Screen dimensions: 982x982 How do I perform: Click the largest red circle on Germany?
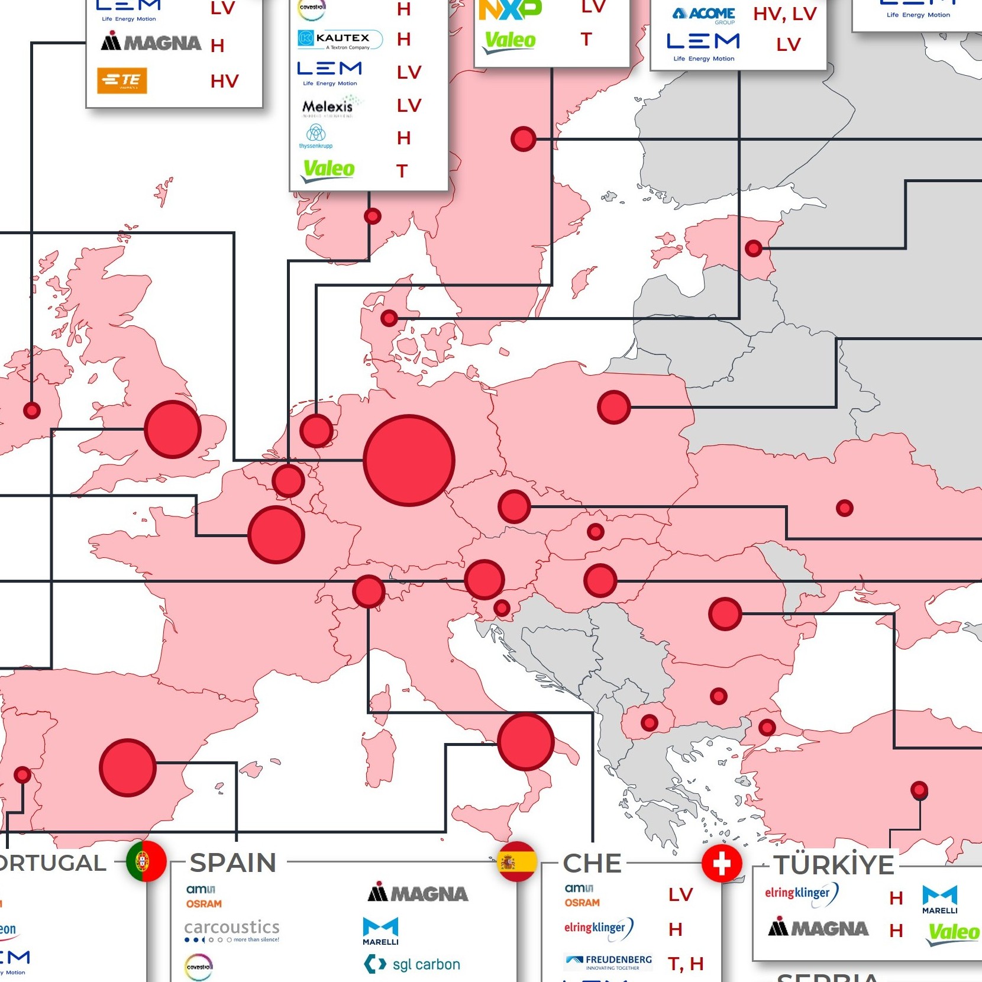tap(409, 460)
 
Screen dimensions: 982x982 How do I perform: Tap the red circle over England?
tap(173, 429)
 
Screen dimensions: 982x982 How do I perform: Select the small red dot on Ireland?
tap(32, 410)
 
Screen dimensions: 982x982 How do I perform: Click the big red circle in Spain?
tap(127, 767)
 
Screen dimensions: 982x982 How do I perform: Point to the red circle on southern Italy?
tap(525, 742)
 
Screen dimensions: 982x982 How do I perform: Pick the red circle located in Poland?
tap(613, 407)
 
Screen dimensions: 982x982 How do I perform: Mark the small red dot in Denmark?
tap(389, 318)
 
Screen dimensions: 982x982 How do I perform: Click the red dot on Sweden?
tap(523, 139)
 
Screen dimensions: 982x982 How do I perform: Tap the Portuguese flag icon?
tap(146, 861)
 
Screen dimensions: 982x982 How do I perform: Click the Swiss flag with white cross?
tap(721, 864)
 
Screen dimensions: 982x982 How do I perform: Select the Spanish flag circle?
tap(517, 861)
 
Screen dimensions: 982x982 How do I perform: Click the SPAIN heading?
tap(233, 863)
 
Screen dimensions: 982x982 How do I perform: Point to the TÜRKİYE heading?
tap(834, 865)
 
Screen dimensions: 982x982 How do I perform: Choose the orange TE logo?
tap(122, 81)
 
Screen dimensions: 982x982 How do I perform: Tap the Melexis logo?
tap(328, 107)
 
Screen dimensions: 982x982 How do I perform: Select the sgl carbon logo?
tap(412, 964)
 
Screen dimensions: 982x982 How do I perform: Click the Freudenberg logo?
tap(609, 962)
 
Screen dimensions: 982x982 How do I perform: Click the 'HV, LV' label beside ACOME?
tap(784, 14)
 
